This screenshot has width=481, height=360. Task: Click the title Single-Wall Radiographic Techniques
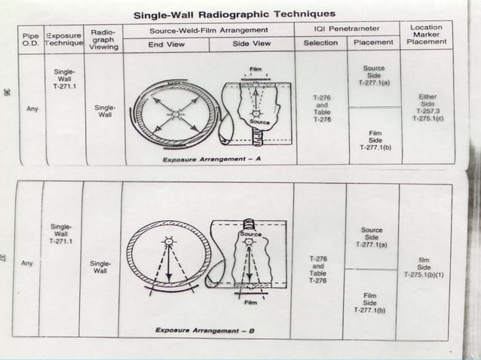[x=234, y=14]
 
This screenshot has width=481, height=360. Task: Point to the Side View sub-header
[x=252, y=44]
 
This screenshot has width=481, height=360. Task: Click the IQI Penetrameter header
[x=348, y=30]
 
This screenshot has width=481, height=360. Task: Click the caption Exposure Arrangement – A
[x=211, y=160]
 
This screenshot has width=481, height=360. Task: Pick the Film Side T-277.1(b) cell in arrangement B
[x=370, y=303]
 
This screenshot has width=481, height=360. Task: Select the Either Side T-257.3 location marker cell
[x=427, y=108]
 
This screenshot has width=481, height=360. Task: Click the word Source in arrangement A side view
[x=260, y=121]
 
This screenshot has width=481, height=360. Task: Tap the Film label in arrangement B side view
[x=250, y=303]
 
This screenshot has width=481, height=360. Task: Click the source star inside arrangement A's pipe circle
[x=174, y=114]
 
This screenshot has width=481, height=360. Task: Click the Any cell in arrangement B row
[x=27, y=264]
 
